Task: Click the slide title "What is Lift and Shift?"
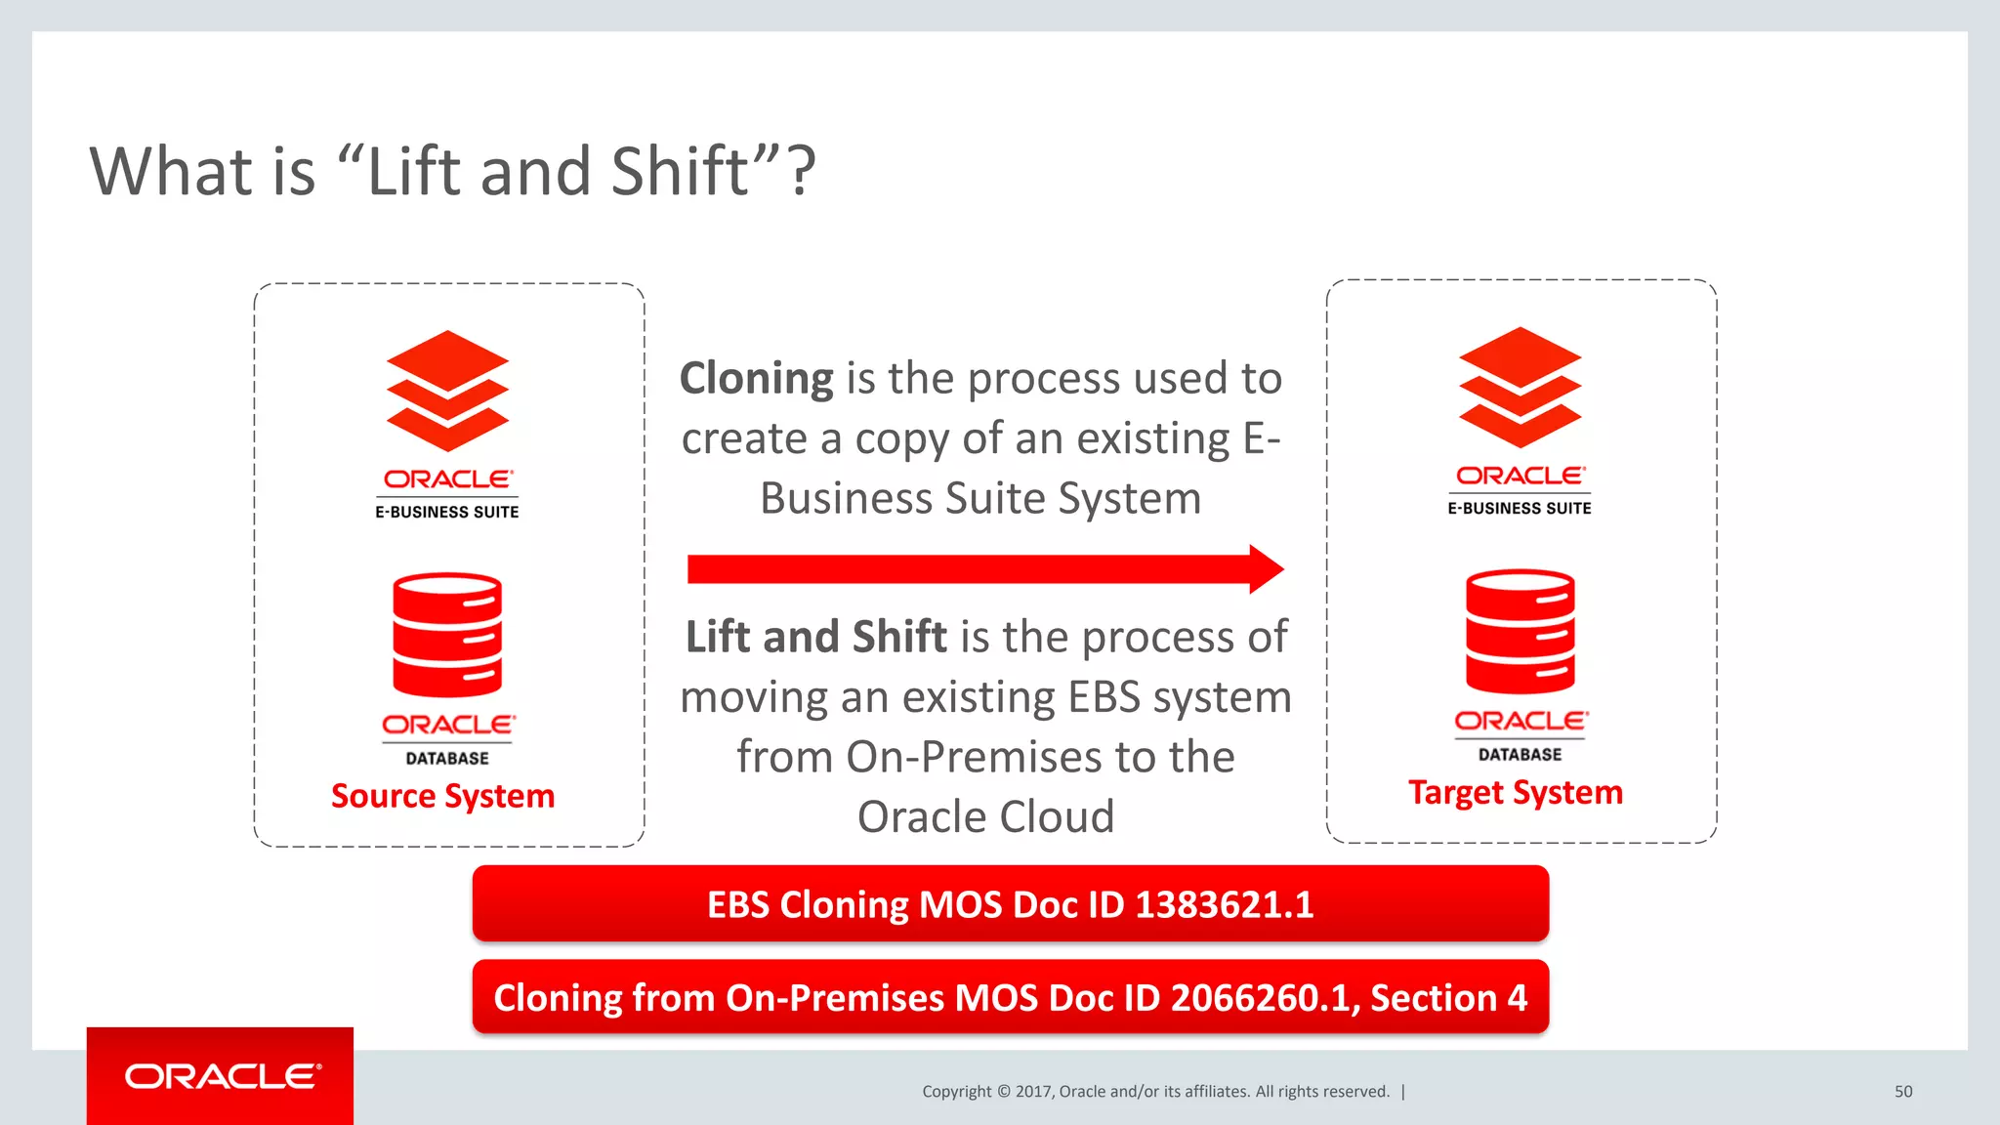[452, 172]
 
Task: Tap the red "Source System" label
[442, 797]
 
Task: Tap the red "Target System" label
[1515, 793]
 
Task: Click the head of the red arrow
[1266, 569]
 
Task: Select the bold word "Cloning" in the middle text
[756, 379]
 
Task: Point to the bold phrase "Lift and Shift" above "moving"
[815, 638]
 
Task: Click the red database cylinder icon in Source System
[447, 635]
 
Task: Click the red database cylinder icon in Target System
[1520, 632]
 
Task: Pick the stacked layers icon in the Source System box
[447, 391]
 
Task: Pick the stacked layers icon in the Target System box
[1520, 388]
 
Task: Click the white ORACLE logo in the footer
[223, 1076]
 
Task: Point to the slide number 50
[1903, 1092]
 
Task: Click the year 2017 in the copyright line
[1032, 1092]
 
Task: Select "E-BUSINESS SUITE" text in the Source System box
[447, 512]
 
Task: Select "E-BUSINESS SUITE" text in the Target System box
[1520, 509]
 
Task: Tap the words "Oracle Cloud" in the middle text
[985, 817]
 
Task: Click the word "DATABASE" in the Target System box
[1520, 755]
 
